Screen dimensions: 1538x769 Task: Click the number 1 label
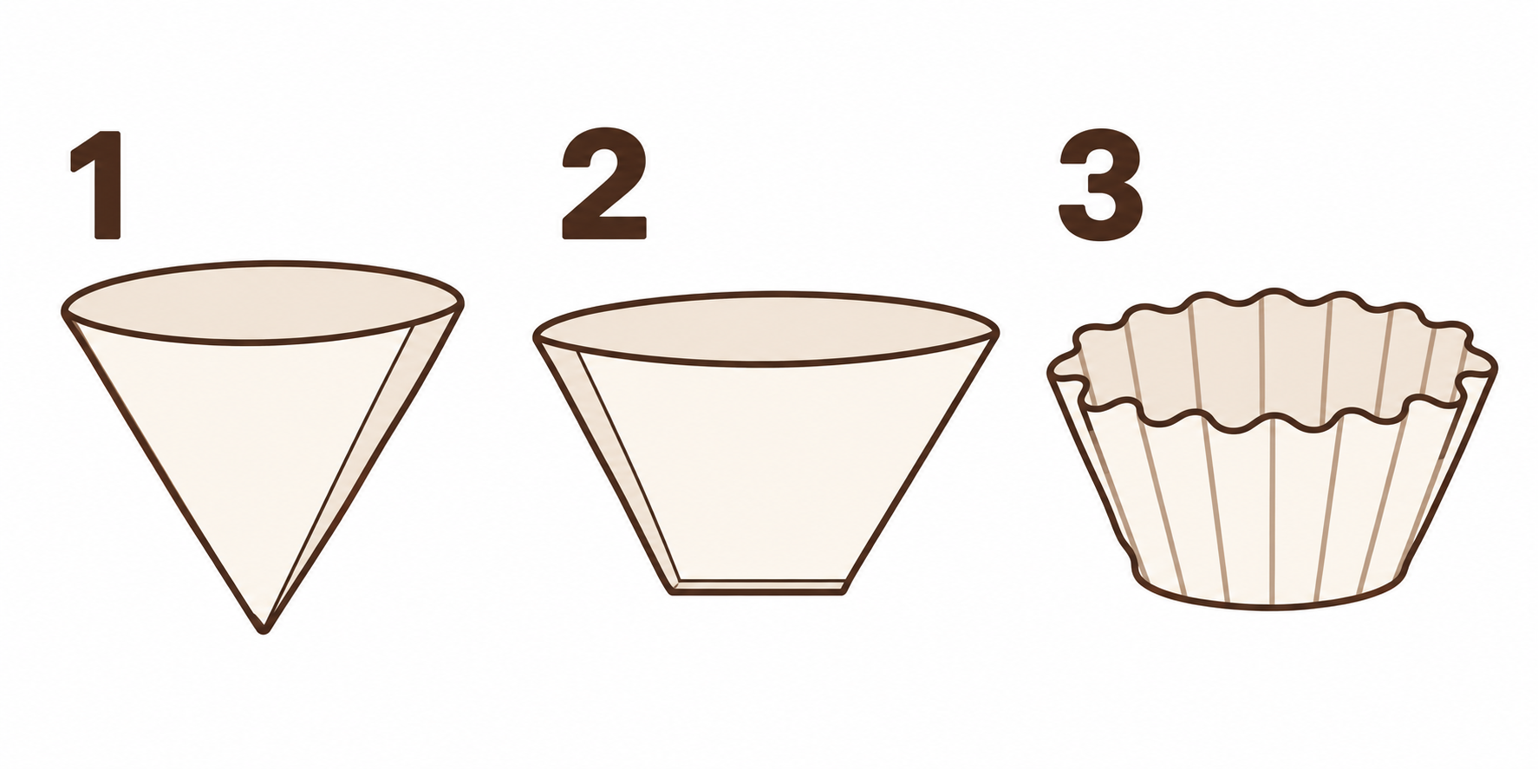point(97,186)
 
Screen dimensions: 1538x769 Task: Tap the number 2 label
point(604,186)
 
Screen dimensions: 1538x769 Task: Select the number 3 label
point(1101,186)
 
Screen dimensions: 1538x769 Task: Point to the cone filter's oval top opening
point(263,303)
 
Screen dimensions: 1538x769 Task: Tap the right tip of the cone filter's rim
point(461,302)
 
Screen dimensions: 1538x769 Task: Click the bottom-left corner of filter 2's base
point(672,592)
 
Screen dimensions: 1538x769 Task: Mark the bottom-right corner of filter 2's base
point(845,590)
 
